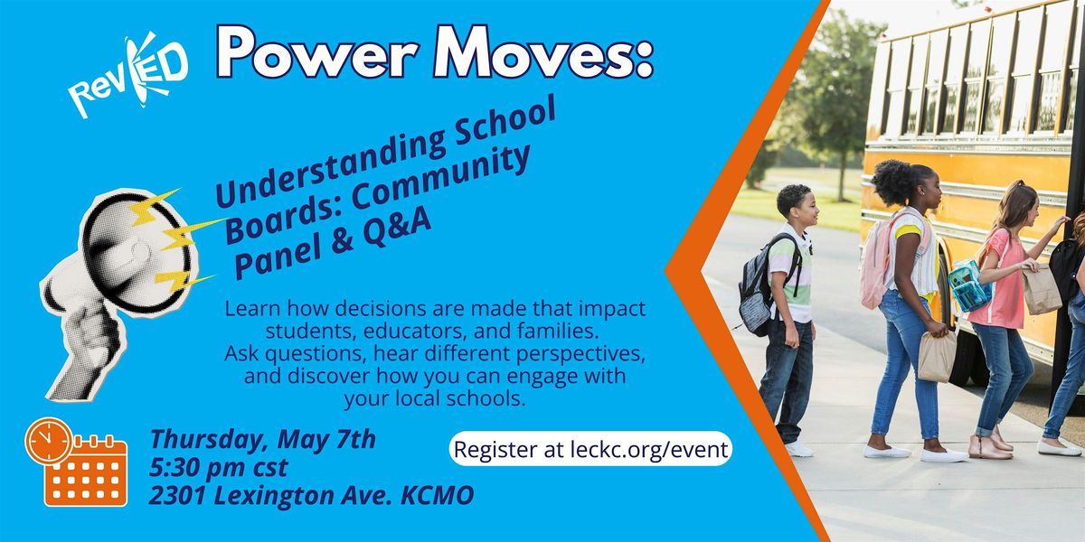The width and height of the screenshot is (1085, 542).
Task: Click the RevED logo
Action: click(128, 74)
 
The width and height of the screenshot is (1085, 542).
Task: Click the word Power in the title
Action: click(318, 52)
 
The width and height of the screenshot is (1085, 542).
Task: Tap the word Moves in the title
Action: click(543, 51)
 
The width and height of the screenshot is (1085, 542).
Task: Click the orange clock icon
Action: click(48, 441)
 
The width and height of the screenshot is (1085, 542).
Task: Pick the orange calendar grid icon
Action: click(86, 472)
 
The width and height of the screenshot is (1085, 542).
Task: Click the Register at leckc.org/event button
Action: click(590, 449)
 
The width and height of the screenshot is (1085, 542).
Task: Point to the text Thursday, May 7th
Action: click(262, 439)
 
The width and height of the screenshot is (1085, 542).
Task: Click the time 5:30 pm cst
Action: click(219, 468)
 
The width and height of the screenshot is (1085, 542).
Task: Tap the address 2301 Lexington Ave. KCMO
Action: click(311, 495)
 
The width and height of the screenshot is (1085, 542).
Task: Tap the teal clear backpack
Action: click(968, 286)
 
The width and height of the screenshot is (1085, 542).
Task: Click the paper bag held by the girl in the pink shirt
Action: click(1043, 290)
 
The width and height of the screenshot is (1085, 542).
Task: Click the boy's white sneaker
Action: click(798, 449)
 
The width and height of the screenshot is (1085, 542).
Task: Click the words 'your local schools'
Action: click(435, 398)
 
